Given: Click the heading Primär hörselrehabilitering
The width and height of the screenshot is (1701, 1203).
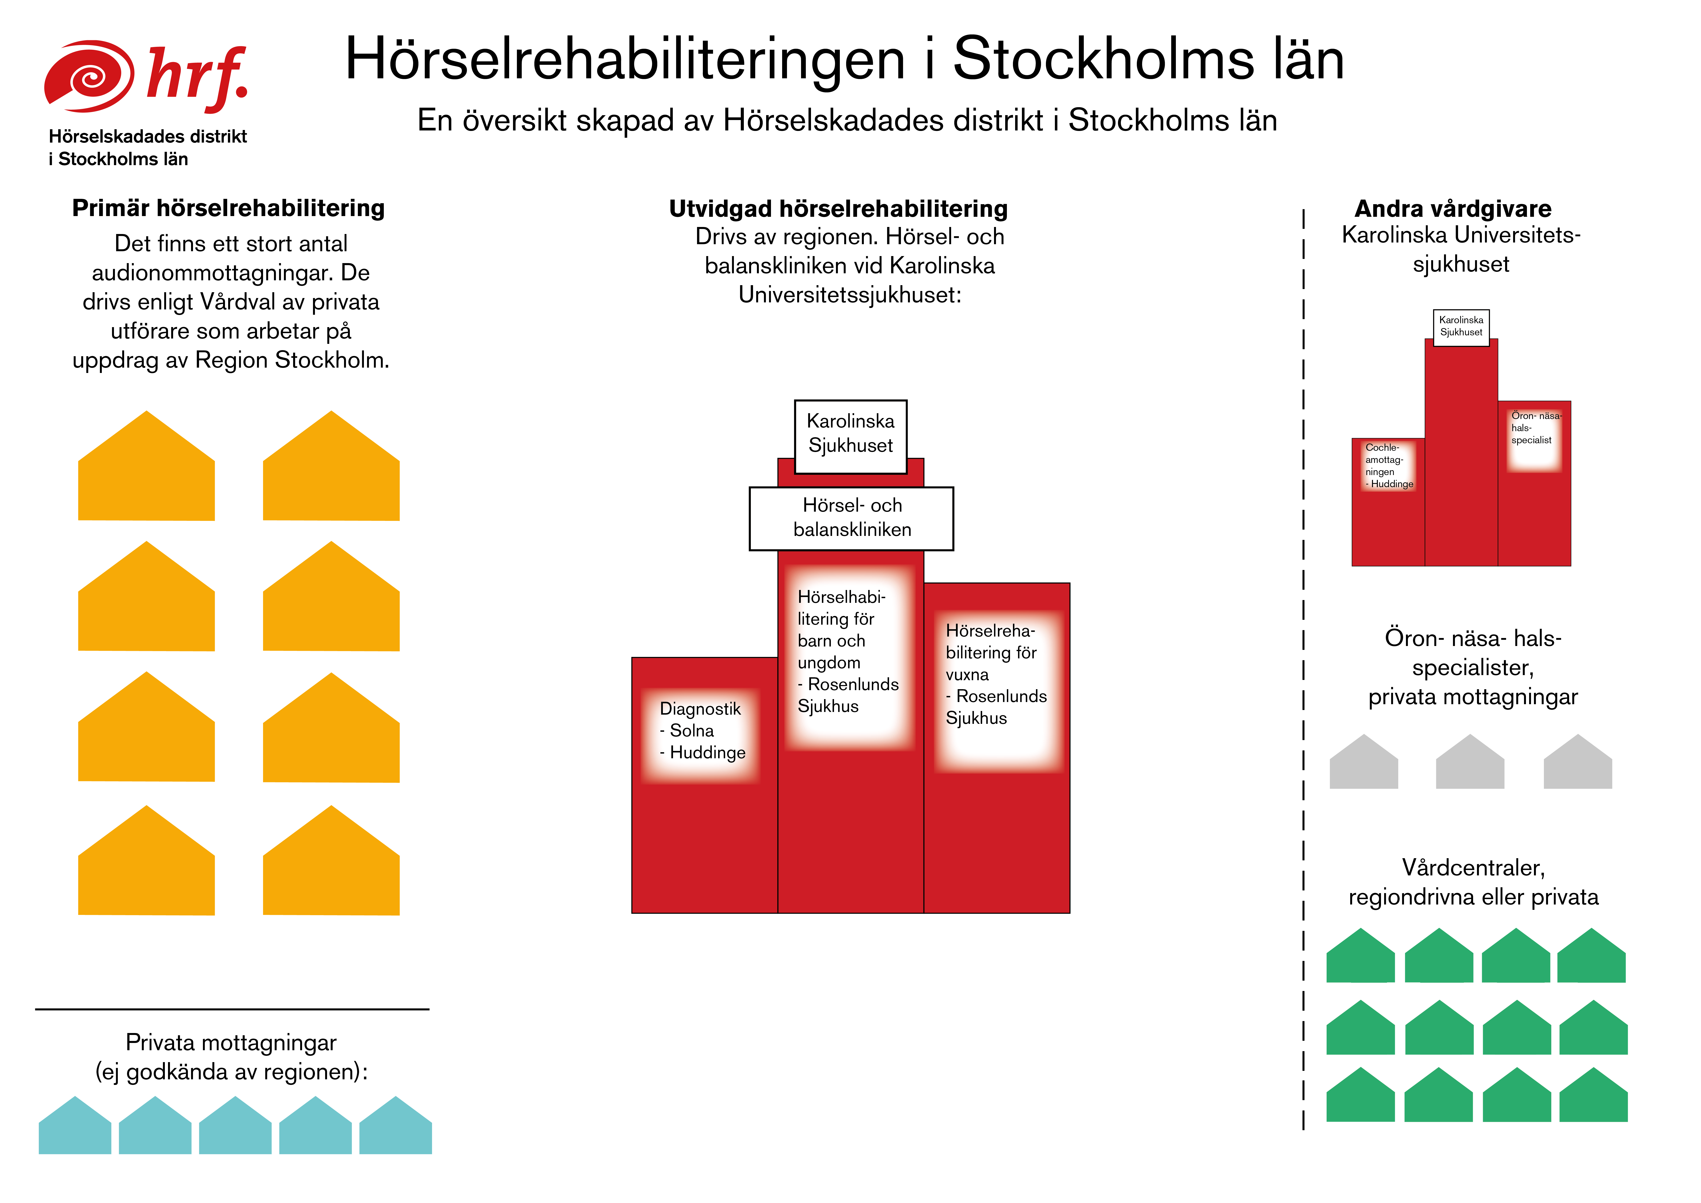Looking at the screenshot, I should click(x=228, y=208).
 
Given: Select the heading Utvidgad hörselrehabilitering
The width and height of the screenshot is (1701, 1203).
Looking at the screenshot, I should click(x=838, y=209).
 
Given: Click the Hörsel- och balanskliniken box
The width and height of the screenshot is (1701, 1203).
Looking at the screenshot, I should click(x=851, y=518).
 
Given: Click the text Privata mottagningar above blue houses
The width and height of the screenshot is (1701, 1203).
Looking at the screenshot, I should click(x=231, y=1043).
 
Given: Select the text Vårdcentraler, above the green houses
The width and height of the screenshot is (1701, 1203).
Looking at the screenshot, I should click(x=1473, y=868).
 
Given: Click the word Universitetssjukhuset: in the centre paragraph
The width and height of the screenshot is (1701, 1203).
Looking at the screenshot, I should click(x=849, y=295).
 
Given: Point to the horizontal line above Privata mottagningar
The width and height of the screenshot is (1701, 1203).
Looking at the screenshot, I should click(x=232, y=1009).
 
